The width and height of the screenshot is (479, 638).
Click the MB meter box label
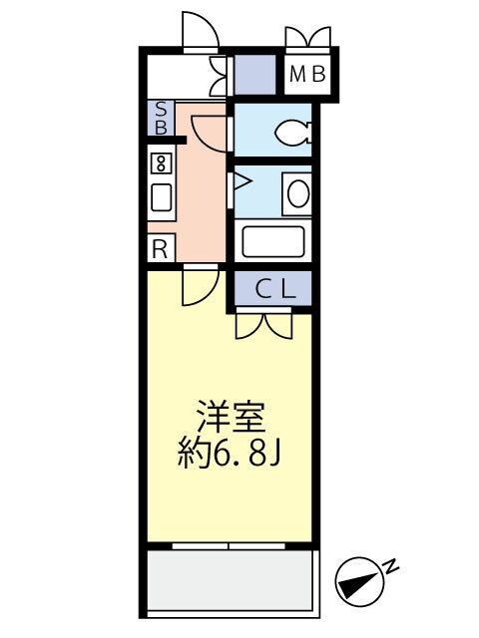307,73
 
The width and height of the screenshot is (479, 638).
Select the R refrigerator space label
159,248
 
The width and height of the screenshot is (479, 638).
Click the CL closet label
273,290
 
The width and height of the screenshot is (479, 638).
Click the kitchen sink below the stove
160,195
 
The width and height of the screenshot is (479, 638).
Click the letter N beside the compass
391,567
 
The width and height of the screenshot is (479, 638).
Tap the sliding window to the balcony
230,545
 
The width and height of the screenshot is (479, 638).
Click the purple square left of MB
253,73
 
